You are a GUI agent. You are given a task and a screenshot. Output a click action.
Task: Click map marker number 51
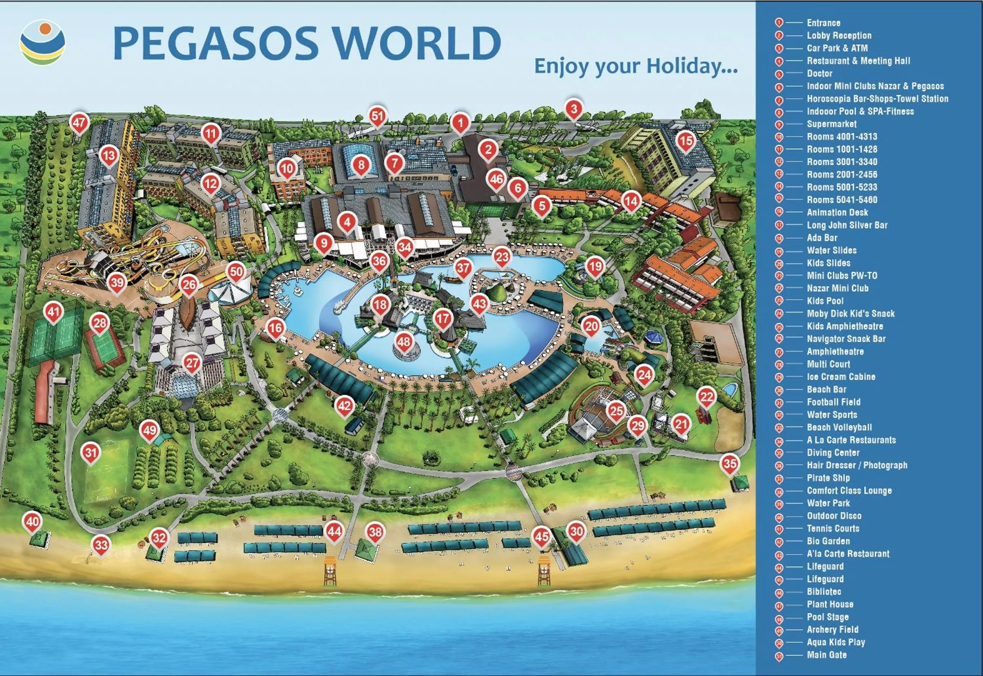pos(377,116)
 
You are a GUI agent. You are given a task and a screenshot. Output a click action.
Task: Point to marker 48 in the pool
pos(404,341)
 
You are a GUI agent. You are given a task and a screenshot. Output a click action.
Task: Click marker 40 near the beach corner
pos(33,521)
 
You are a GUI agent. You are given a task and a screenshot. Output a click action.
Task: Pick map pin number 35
pos(730,463)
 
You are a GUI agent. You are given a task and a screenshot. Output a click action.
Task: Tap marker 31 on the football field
pos(91,452)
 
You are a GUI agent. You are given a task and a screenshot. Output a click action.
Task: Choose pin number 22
pos(706,397)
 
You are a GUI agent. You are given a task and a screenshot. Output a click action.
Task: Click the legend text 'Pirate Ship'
pos(828,478)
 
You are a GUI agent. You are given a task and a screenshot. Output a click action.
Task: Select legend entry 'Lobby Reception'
pos(839,35)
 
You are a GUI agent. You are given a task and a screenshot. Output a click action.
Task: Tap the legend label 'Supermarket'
pos(831,124)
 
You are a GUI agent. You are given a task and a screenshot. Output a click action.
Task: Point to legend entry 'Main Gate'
pos(827,655)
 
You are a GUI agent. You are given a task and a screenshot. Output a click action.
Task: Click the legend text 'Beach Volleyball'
pos(839,427)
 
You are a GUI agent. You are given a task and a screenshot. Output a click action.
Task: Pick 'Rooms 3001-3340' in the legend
pos(841,162)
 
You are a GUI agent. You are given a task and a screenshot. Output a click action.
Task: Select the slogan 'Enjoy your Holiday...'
pos(635,67)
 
